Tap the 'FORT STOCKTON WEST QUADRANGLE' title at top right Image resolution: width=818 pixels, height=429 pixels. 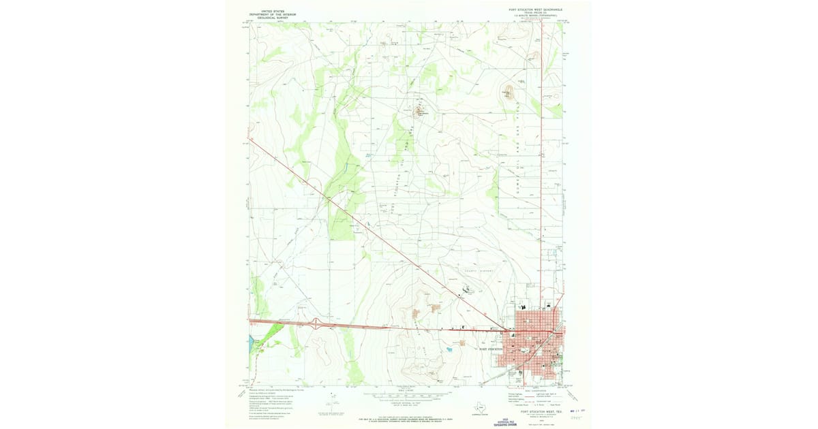535,10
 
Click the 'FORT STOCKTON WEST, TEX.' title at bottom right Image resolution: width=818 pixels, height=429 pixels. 540,411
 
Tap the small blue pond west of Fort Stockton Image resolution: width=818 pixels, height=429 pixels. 449,349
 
